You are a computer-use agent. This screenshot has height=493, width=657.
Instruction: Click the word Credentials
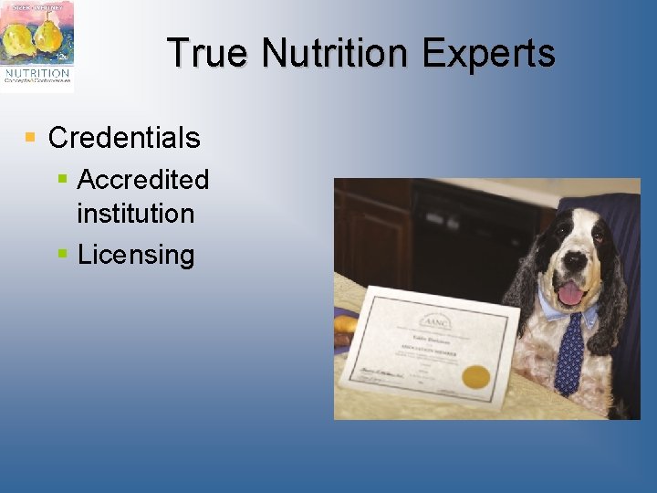pos(124,138)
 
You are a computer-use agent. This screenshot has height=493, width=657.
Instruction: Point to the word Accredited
pos(143,179)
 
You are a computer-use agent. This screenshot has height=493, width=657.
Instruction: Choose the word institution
pos(136,214)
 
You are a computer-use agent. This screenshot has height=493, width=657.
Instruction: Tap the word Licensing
pos(136,255)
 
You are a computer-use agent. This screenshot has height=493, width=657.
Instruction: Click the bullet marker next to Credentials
pos(30,138)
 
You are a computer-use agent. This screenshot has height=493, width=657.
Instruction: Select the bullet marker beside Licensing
pos(62,254)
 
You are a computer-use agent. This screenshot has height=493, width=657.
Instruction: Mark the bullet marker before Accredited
pos(62,178)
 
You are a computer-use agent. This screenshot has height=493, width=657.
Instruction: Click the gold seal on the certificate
pos(475,375)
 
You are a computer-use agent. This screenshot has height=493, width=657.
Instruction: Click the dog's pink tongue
pos(569,292)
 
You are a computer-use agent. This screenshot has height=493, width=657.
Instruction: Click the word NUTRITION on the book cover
pos(36,73)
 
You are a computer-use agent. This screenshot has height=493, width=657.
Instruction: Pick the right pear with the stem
pos(47,35)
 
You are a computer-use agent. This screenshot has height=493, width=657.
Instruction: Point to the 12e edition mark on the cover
pos(61,57)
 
